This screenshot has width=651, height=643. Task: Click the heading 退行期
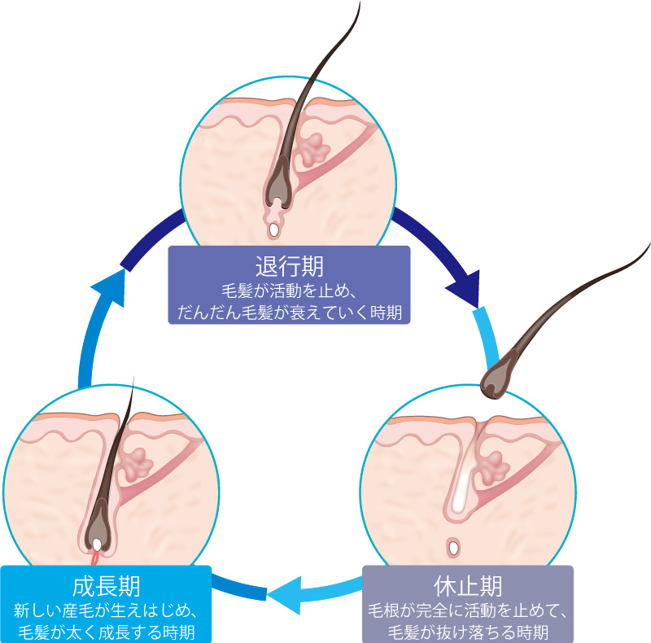289,266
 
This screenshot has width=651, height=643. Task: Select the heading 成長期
106,585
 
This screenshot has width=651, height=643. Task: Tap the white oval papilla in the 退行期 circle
275,230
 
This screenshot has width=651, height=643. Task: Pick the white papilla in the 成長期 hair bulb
97,543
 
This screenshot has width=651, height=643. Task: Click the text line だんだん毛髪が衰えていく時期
289,310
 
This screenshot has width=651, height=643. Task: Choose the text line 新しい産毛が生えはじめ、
106,610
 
